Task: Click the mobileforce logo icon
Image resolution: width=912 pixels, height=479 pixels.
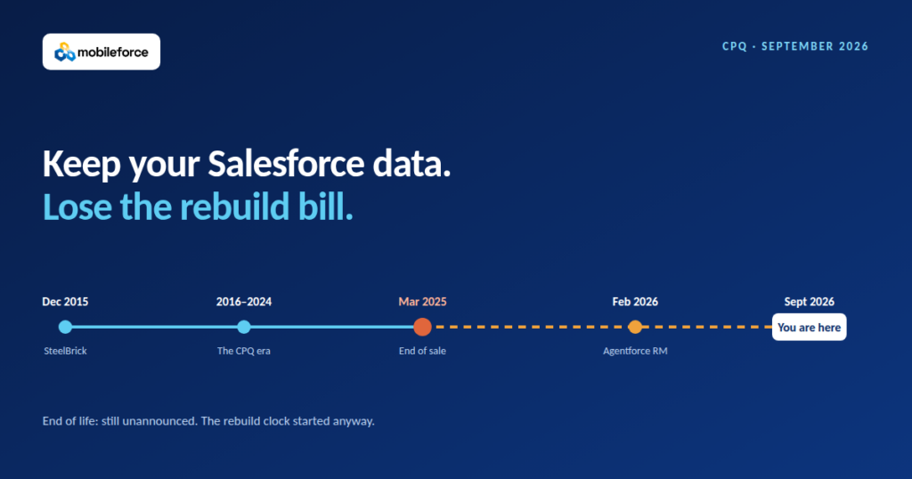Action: [x=64, y=52]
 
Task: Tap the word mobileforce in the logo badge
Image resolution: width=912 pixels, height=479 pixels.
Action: [x=113, y=53]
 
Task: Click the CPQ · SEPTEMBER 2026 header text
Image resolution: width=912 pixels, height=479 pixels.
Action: [x=795, y=46]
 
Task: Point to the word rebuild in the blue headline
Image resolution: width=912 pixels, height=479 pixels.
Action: [x=234, y=207]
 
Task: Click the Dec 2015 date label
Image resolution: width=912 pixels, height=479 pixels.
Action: [x=65, y=302]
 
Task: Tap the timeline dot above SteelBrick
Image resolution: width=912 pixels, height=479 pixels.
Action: [x=65, y=327]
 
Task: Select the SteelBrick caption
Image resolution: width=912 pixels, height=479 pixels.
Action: [x=65, y=351]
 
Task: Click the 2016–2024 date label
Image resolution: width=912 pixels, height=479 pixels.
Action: [x=244, y=302]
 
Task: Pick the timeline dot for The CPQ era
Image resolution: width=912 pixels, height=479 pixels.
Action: [x=244, y=327]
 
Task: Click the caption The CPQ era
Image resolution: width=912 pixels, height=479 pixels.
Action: [x=244, y=351]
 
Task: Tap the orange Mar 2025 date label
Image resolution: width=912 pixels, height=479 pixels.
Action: [x=422, y=302]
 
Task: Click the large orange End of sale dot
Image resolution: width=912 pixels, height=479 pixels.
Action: [x=422, y=327]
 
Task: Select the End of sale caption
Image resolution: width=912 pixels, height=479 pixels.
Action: [x=422, y=351]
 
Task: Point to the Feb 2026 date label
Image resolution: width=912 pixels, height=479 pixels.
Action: [x=635, y=302]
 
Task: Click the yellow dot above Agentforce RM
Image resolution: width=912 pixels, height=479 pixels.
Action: [x=635, y=327]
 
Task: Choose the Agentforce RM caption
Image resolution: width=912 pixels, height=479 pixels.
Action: [x=635, y=351]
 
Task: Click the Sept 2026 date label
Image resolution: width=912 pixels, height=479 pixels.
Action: [x=809, y=302]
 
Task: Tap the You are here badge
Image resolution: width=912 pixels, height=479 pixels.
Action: [x=809, y=328]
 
